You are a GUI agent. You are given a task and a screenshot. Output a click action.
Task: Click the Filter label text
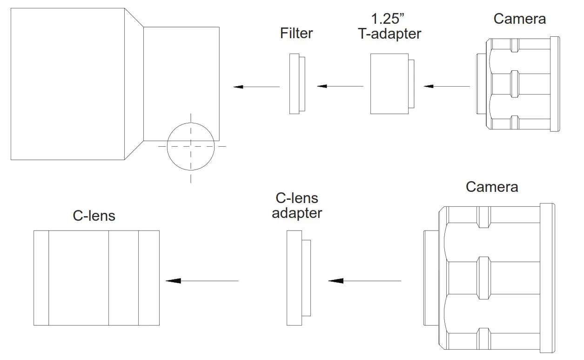(x=296, y=34)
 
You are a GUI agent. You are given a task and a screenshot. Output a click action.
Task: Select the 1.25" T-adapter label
(x=389, y=27)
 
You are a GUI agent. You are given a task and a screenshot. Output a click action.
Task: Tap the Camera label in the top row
(x=519, y=19)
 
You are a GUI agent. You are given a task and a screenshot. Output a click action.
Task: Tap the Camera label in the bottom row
(x=492, y=187)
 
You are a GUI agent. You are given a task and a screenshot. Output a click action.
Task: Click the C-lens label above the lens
(x=94, y=216)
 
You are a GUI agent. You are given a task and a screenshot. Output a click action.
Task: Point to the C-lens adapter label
(x=297, y=205)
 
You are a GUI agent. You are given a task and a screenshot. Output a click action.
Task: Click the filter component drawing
(x=295, y=84)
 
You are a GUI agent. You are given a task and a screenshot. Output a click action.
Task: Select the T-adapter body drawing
(x=389, y=84)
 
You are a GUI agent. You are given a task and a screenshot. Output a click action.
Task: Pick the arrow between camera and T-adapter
(x=447, y=86)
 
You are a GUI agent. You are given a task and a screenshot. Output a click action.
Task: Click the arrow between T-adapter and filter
(x=340, y=86)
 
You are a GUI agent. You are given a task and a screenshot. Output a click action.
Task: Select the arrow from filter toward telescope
(x=256, y=87)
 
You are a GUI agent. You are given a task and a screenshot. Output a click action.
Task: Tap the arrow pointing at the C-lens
(x=202, y=281)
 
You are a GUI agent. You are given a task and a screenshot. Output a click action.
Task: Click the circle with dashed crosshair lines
(x=191, y=146)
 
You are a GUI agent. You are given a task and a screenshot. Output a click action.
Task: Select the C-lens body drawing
(x=96, y=278)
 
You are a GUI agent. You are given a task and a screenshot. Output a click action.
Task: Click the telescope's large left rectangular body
(x=67, y=84)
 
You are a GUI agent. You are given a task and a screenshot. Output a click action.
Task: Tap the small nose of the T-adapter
(x=412, y=84)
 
